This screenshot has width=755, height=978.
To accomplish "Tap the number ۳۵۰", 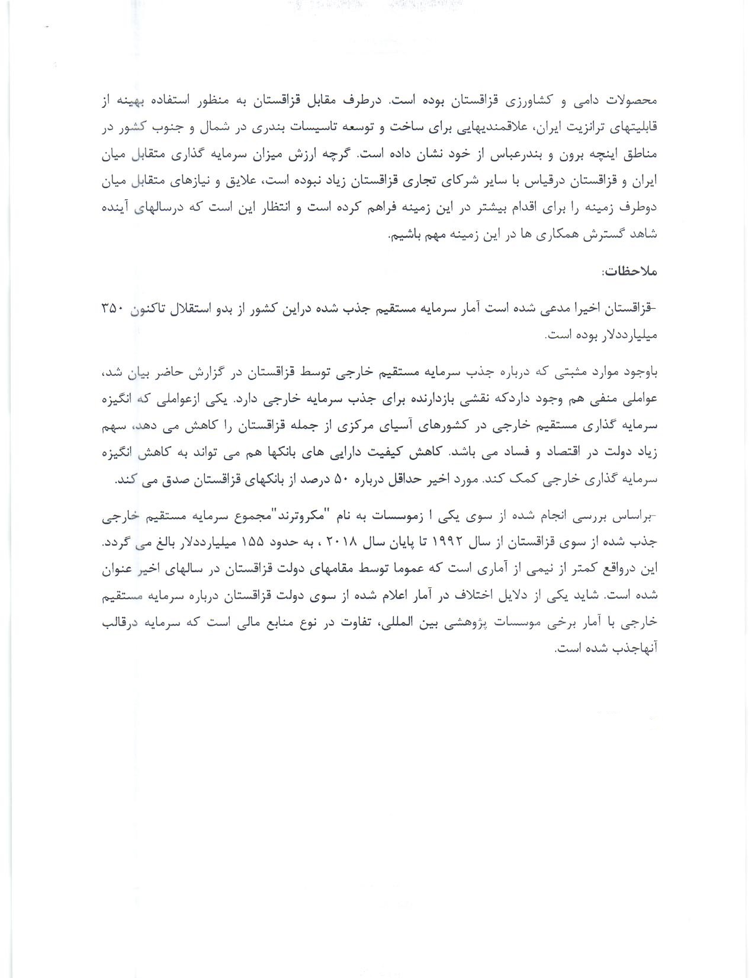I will (x=111, y=309).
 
